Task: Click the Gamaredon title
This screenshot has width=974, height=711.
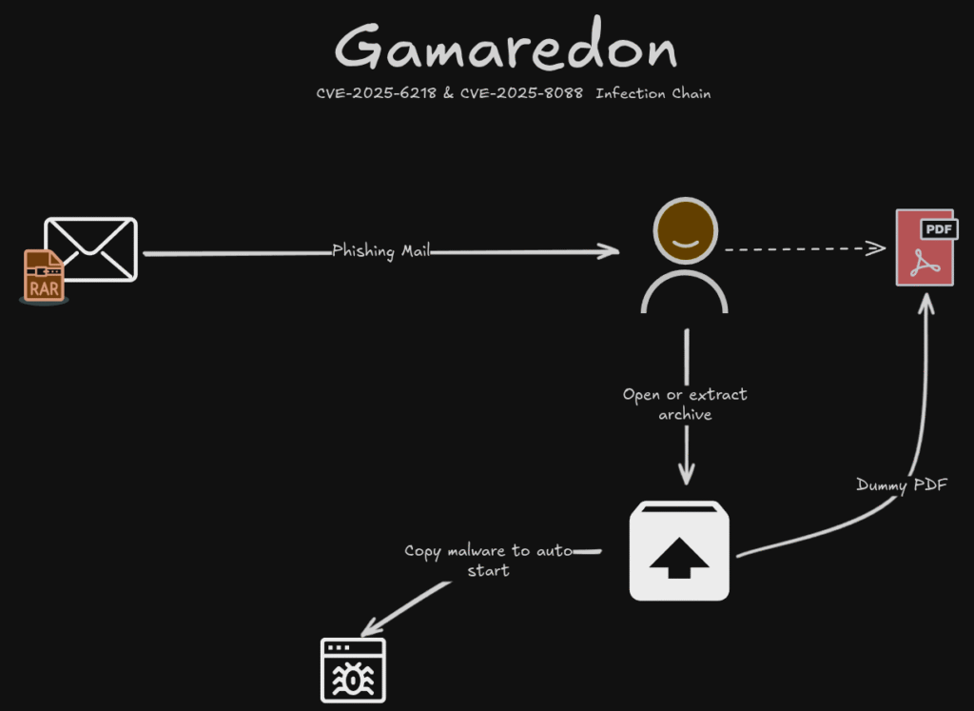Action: tap(505, 48)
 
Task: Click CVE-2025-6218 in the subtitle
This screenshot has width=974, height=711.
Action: tap(378, 93)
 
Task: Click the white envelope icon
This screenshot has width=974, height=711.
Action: tap(91, 248)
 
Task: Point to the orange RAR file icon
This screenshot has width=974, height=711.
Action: tap(44, 276)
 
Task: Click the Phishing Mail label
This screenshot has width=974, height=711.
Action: tap(380, 250)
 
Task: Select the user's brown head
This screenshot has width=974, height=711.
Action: tap(685, 233)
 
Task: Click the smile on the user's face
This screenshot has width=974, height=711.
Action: tap(685, 245)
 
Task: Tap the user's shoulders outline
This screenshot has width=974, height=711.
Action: tap(685, 291)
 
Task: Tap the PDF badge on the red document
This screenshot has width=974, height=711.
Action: tap(939, 228)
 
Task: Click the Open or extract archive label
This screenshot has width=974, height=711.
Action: tap(685, 404)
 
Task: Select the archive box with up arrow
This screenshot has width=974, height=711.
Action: tap(679, 551)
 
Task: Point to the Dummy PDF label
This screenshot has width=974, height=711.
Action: tap(902, 484)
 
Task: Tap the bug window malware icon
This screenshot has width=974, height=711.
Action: tap(353, 670)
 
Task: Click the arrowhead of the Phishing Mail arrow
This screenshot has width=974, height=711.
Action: tap(610, 251)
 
